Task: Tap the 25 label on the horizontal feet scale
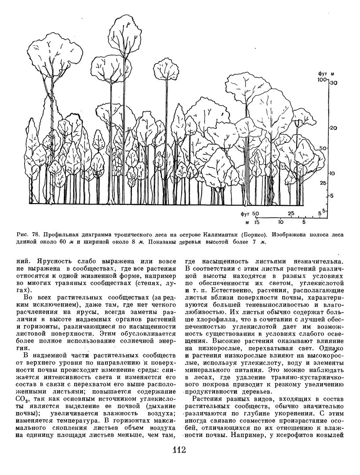[x=291, y=213]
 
